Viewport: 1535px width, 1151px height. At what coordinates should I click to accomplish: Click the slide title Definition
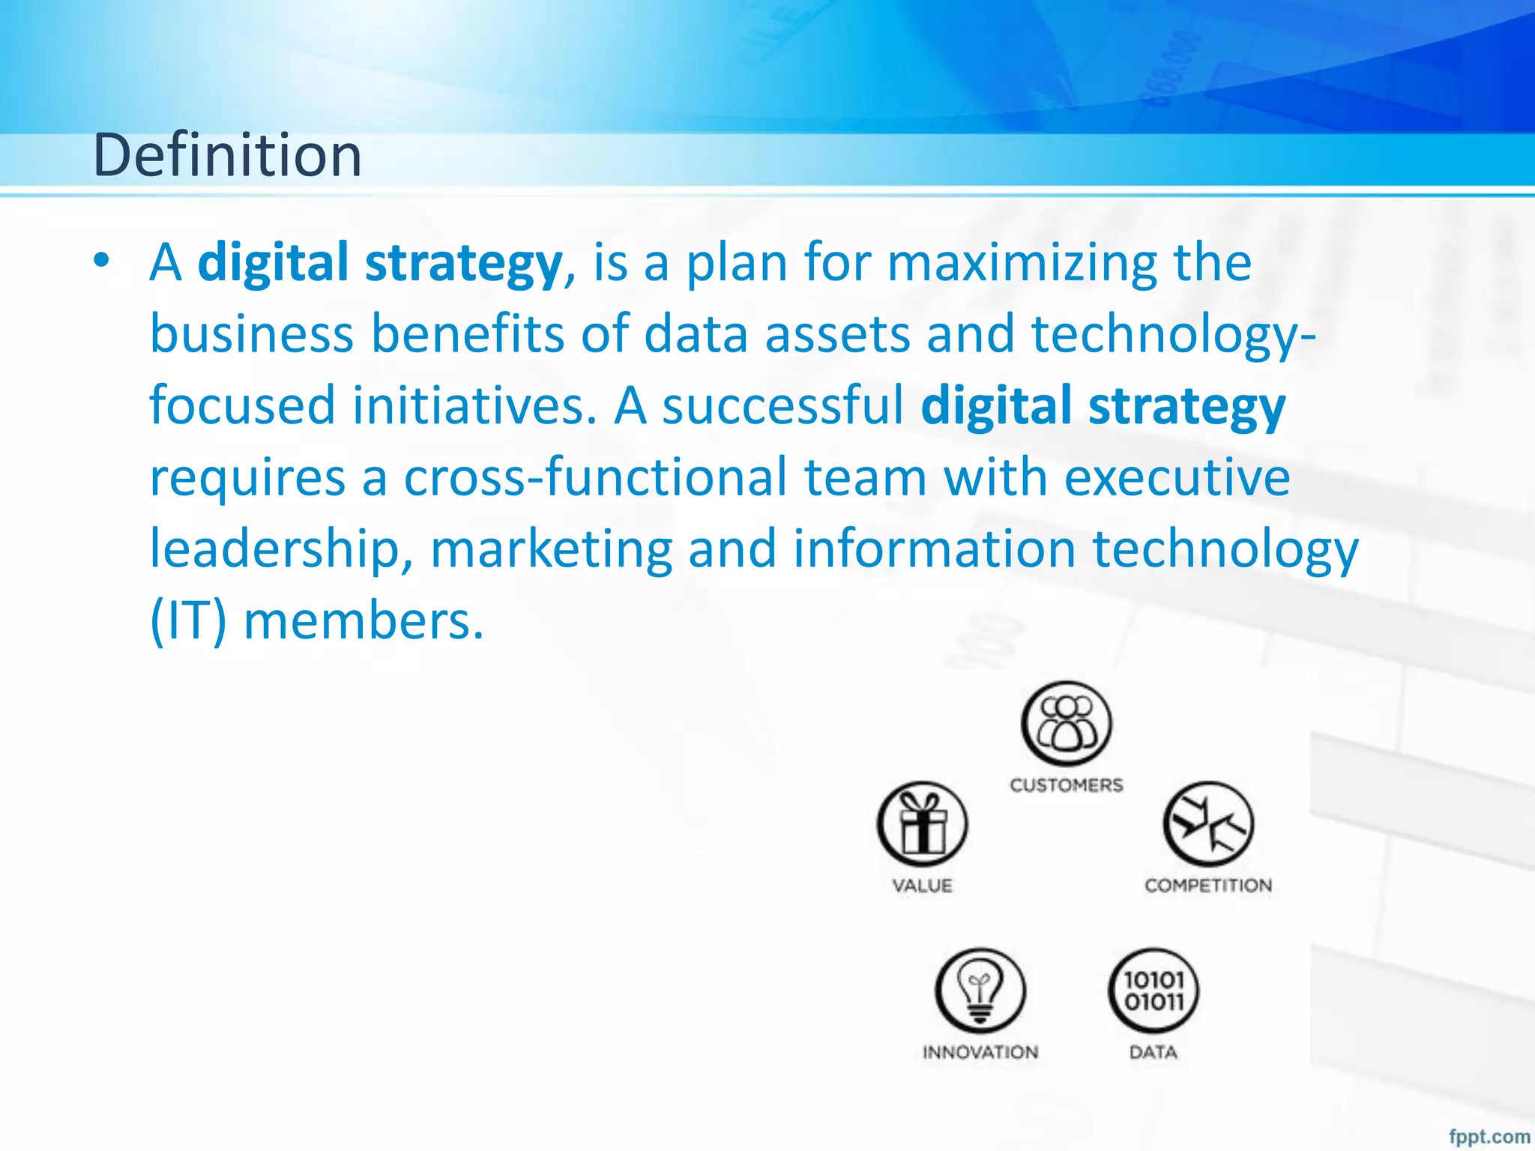pyautogui.click(x=227, y=155)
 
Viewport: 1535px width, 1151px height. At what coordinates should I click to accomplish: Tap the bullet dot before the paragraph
pyautogui.click(x=102, y=262)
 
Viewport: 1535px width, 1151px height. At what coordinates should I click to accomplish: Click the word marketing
pyautogui.click(x=551, y=549)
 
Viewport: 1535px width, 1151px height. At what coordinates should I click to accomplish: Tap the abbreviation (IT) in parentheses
pyautogui.click(x=187, y=621)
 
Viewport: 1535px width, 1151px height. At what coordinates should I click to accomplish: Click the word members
pyautogui.click(x=364, y=621)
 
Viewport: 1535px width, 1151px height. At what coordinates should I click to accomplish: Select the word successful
pyautogui.click(x=782, y=405)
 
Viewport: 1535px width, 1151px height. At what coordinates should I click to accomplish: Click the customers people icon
pyautogui.click(x=1067, y=725)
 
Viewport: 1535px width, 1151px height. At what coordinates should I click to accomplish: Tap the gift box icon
pyautogui.click(x=923, y=824)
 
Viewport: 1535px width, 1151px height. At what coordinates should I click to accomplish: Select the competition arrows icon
pyautogui.click(x=1208, y=824)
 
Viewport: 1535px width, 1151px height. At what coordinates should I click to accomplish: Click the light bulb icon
pyautogui.click(x=980, y=991)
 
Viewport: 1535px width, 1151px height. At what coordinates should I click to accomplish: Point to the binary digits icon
pyautogui.click(x=1153, y=991)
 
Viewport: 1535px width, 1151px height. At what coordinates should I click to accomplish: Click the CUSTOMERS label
pyautogui.click(x=1067, y=785)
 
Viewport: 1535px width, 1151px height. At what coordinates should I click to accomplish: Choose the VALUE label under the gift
pyautogui.click(x=923, y=886)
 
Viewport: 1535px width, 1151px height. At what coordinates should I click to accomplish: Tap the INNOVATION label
pyautogui.click(x=980, y=1052)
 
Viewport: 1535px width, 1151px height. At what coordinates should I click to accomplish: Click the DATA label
pyautogui.click(x=1153, y=1052)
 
